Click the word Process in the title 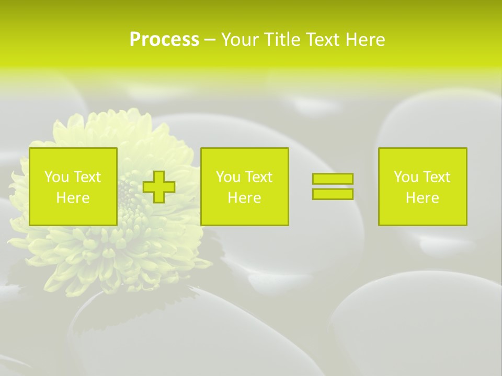coord(164,40)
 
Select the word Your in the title coord(241,40)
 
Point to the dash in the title coord(210,40)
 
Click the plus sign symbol coord(159,187)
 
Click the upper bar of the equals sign coord(333,179)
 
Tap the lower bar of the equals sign coord(333,194)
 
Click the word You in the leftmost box coord(56,177)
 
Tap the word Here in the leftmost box coord(73,198)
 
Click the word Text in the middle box coord(258,177)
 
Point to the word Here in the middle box coord(245,198)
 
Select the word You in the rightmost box coord(406,177)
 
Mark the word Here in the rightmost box coord(423,198)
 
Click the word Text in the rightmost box coord(436,177)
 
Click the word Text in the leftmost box coord(87,177)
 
